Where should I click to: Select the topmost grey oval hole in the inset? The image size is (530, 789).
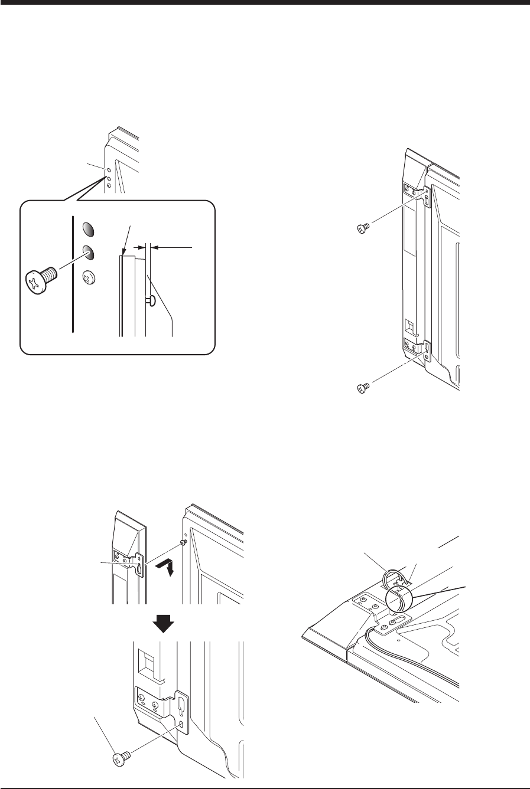pos(87,230)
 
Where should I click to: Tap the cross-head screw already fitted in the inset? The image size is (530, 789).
pos(89,274)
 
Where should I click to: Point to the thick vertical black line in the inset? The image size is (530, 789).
pos(73,274)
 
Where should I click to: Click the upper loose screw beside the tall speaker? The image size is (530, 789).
pos(363,227)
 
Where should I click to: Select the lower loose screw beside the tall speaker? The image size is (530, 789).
pos(363,387)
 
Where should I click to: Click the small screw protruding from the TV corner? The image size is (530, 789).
pos(185,542)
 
